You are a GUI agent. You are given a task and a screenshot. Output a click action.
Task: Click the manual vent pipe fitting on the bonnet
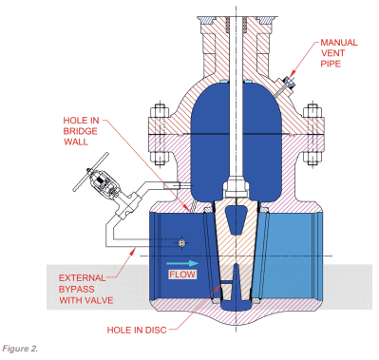pos(283,88)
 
